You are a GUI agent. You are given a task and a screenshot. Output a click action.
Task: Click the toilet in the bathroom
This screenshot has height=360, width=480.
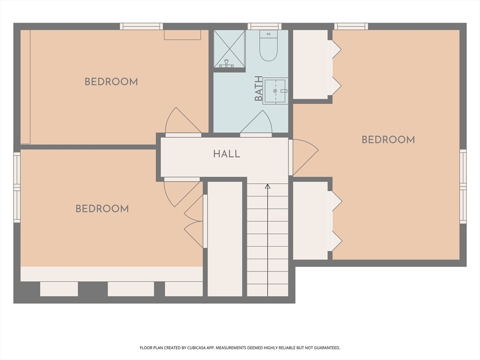(269, 47)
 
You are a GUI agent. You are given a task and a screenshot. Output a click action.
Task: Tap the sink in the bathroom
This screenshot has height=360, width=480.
(275, 91)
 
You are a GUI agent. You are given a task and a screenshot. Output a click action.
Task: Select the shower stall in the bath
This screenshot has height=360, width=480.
(229, 49)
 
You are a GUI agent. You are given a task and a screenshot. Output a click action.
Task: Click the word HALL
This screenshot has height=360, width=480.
(227, 154)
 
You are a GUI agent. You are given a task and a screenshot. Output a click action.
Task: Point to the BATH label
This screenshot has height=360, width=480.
(259, 89)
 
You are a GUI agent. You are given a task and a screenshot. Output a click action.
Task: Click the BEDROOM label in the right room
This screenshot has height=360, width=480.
(388, 140)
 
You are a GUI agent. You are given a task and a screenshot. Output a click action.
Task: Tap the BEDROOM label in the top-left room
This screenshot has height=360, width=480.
(111, 82)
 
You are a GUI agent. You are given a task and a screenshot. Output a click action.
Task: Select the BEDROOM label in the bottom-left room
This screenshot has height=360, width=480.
(102, 209)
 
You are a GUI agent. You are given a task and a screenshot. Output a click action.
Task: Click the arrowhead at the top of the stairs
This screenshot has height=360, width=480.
(268, 187)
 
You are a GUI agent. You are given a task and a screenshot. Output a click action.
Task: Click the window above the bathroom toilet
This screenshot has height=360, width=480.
(264, 26)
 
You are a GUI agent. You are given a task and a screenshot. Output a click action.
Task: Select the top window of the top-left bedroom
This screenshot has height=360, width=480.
(141, 26)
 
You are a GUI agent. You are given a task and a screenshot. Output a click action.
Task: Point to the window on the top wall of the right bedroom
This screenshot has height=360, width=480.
(351, 26)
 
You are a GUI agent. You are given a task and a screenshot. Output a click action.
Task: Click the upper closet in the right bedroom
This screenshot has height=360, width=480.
(310, 64)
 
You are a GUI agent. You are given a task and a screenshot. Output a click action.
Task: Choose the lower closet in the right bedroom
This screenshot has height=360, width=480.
(310, 220)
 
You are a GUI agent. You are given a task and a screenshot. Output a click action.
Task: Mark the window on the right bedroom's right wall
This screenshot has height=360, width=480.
(463, 186)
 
